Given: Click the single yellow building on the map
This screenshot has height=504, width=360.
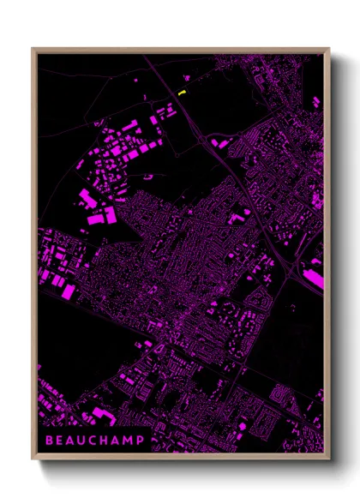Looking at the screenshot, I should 181,93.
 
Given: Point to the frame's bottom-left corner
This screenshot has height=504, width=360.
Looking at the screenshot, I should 33,460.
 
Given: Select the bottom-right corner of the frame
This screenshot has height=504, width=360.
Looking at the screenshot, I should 329,460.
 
